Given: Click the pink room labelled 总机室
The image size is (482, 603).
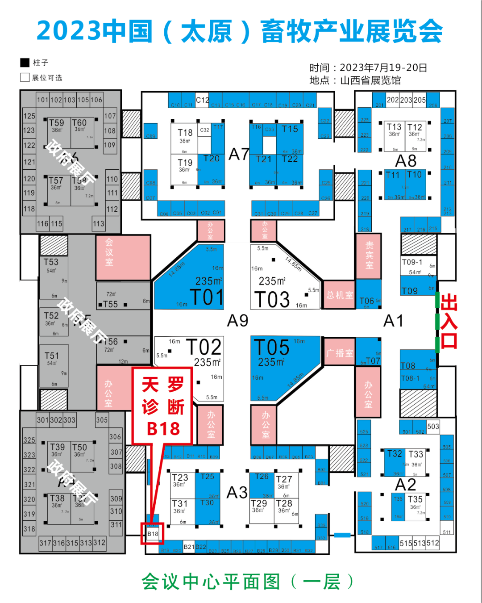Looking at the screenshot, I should pyautogui.click(x=339, y=295).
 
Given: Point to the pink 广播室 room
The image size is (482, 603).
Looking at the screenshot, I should pyautogui.click(x=339, y=353).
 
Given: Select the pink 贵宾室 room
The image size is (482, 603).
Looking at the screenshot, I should pyautogui.click(x=369, y=255).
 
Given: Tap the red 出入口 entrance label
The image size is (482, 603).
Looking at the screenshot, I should pyautogui.click(x=449, y=321).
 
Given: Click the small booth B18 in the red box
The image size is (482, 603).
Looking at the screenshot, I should pyautogui.click(x=153, y=534).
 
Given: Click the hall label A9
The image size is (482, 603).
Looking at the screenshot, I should pyautogui.click(x=237, y=321).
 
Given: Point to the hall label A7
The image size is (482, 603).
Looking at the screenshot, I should pyautogui.click(x=239, y=155).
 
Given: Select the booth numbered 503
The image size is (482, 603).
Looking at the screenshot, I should pyautogui.click(x=433, y=427).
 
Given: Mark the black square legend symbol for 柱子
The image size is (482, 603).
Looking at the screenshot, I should pyautogui.click(x=25, y=63).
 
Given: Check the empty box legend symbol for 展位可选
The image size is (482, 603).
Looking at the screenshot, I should pyautogui.click(x=25, y=77).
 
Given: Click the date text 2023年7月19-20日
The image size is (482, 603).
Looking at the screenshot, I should pyautogui.click(x=383, y=68).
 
